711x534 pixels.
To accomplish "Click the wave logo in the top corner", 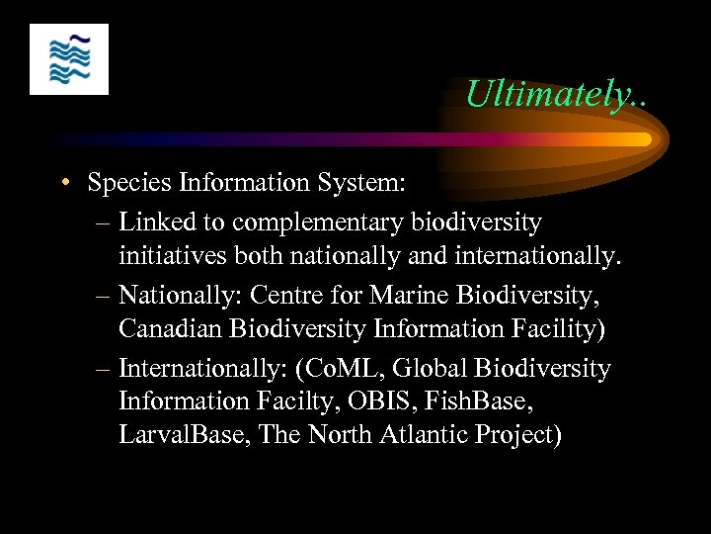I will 69,59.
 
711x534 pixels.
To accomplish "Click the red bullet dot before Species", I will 64,183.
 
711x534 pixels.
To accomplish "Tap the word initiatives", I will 173,256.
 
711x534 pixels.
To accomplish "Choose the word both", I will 263,256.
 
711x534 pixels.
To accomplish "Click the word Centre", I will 288,295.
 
